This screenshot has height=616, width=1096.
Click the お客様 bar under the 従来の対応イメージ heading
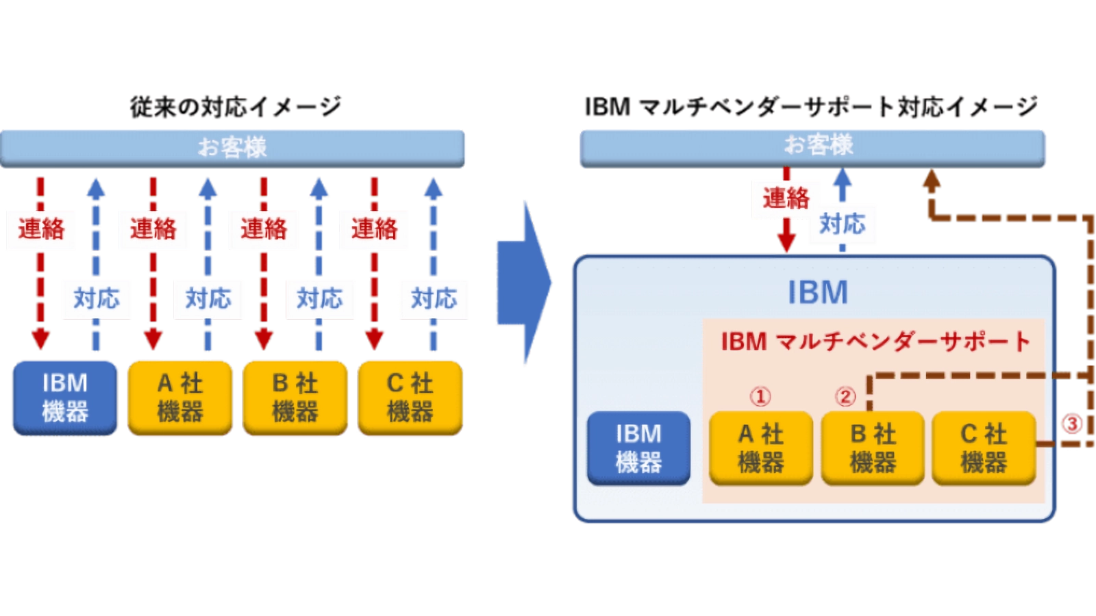pos(232,147)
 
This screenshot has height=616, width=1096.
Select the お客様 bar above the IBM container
pos(812,145)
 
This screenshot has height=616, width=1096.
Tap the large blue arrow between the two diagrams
pos(525,284)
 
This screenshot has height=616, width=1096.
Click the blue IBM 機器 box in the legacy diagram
pos(65,398)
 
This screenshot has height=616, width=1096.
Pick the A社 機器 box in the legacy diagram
pos(180,398)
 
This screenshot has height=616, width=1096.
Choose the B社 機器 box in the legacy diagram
pos(295,398)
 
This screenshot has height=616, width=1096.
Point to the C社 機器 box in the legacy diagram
pos(410,398)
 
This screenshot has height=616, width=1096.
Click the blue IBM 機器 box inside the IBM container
pos(638,448)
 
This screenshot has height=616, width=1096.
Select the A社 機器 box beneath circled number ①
pos(761,448)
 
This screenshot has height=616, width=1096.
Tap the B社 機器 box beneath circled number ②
pos(873,448)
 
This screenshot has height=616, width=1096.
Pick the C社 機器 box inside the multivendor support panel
pos(984,448)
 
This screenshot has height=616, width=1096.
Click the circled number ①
pos(760,396)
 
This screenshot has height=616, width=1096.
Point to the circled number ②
pos(845,396)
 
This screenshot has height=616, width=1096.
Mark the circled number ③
pos(1073,424)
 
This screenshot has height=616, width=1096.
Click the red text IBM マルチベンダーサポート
pos(875,342)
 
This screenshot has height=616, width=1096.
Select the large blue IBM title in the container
pos(817,293)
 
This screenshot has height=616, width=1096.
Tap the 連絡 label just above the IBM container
pos(786,199)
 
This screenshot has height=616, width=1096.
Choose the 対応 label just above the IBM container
pos(842,224)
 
